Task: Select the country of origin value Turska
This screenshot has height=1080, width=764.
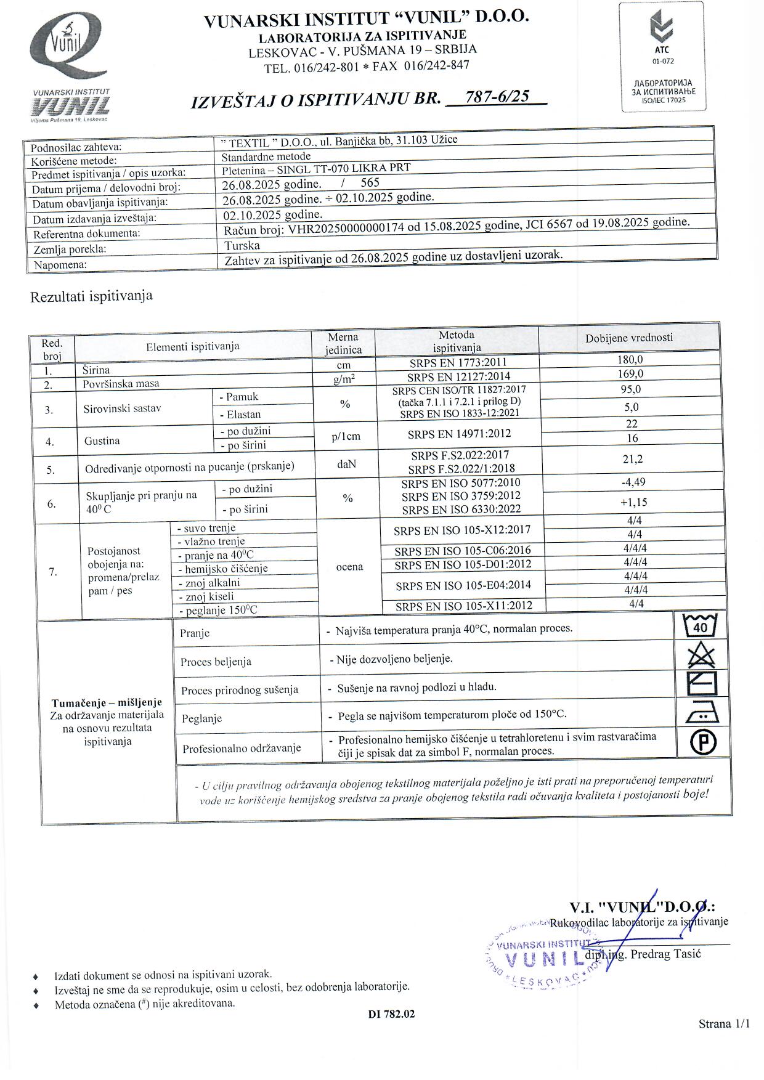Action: pyautogui.click(x=242, y=245)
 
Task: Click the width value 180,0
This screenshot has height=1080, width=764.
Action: pyautogui.click(x=630, y=359)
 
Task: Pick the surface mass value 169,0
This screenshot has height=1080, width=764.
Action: pyautogui.click(x=630, y=373)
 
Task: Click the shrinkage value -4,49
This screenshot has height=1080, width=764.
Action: pyautogui.click(x=633, y=482)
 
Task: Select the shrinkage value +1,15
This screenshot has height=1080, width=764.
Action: pyautogui.click(x=633, y=502)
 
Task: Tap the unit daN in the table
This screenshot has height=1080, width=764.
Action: pyautogui.click(x=347, y=464)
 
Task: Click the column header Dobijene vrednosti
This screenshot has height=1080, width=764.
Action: pyautogui.click(x=629, y=338)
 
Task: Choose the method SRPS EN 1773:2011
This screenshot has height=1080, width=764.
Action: pyautogui.click(x=458, y=363)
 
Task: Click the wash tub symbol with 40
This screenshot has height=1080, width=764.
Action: pyautogui.click(x=701, y=626)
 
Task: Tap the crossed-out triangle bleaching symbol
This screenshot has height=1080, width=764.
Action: pyautogui.click(x=702, y=654)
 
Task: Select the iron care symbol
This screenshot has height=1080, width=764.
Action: pyautogui.click(x=702, y=713)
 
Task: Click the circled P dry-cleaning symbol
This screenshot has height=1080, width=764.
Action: pyautogui.click(x=703, y=742)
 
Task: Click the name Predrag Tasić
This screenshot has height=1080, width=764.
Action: pyautogui.click(x=667, y=954)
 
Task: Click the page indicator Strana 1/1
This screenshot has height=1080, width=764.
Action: pyautogui.click(x=724, y=1024)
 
